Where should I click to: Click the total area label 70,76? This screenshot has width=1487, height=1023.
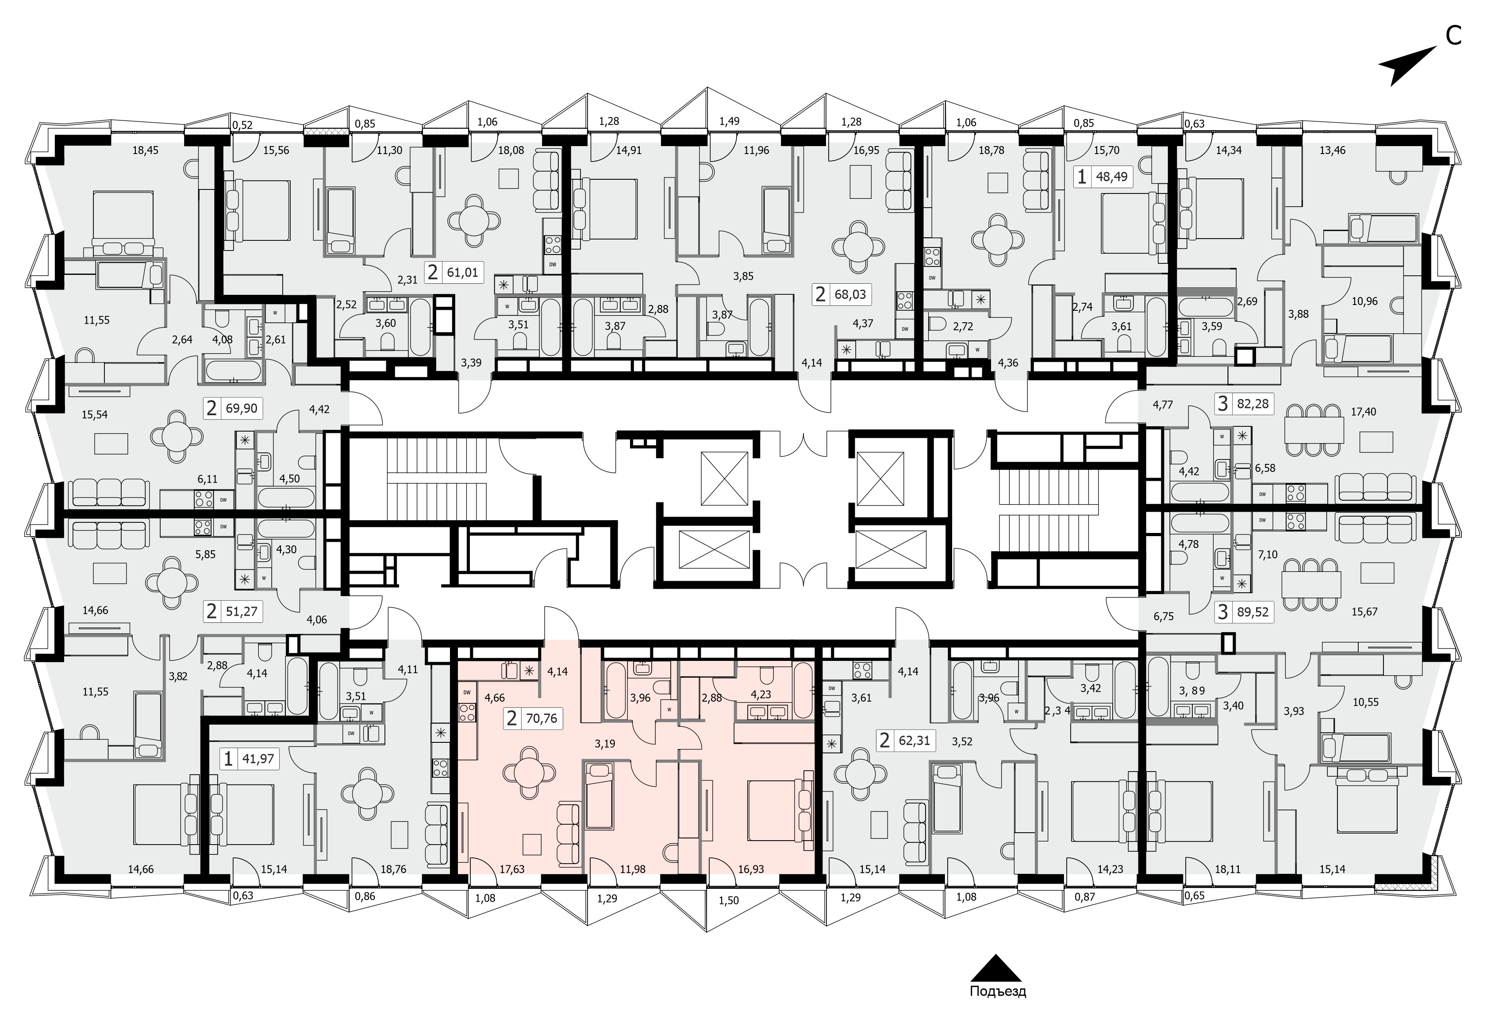[x=542, y=718]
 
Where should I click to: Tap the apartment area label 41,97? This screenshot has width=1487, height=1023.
[x=258, y=760]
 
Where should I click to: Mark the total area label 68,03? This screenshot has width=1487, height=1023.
[x=850, y=294]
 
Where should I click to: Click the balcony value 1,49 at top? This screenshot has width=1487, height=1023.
[x=729, y=121]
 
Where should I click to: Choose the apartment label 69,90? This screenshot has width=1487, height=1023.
[x=241, y=408]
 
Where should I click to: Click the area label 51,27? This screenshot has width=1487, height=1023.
[x=241, y=611]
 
